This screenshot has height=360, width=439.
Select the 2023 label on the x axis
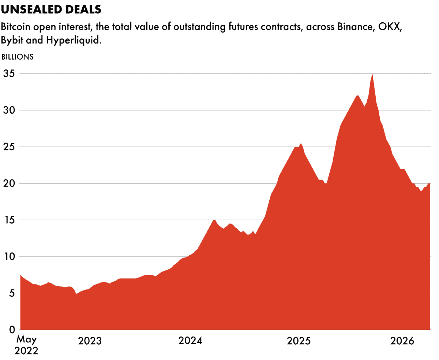pos(90,341)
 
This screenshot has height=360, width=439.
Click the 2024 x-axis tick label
pos(191,341)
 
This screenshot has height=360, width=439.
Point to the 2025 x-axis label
pos(299,341)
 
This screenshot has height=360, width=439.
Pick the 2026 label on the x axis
pos(402,341)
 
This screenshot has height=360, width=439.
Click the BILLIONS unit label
pos(18,57)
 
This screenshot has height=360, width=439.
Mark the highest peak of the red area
pos(372,74)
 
